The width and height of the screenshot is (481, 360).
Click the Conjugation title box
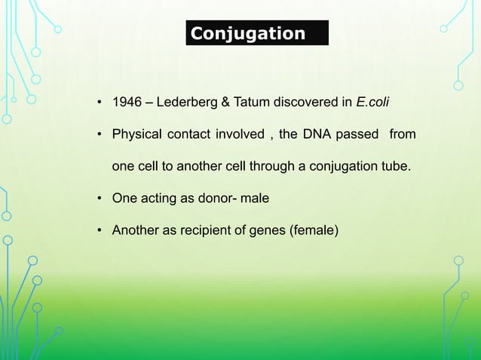[x=257, y=34]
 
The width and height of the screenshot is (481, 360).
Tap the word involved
[x=239, y=135]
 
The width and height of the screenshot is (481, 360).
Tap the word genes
[x=265, y=230]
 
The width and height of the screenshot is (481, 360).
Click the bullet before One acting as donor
[x=100, y=199]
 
